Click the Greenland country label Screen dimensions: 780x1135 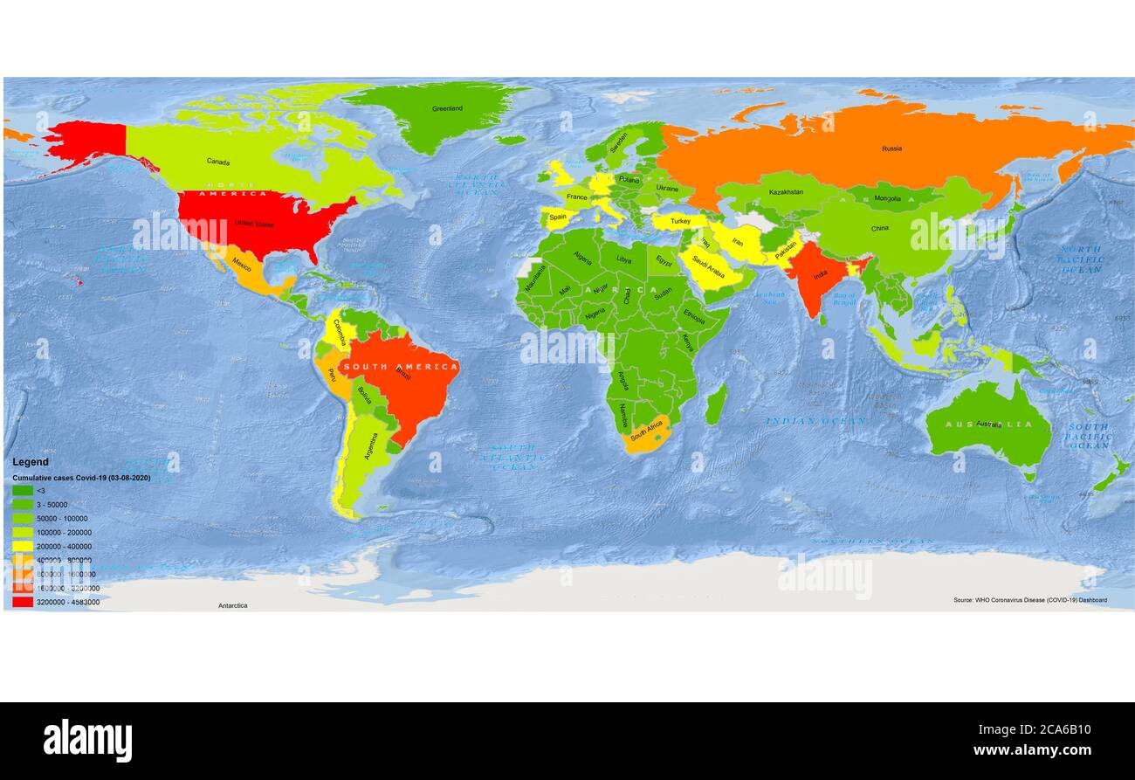click(x=447, y=109)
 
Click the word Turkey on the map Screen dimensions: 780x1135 click(x=680, y=222)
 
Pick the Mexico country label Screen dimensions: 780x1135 click(x=242, y=266)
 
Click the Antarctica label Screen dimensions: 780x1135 click(x=232, y=605)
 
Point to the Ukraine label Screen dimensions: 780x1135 click(x=667, y=188)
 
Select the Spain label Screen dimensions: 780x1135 click(x=558, y=217)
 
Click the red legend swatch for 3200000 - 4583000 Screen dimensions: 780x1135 click(x=23, y=602)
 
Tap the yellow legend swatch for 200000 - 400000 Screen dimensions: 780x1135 click(x=23, y=546)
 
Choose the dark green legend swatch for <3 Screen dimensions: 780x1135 click(x=23, y=491)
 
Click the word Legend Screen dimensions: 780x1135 click(x=31, y=462)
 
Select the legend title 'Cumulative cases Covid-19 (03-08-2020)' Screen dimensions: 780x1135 click(x=81, y=478)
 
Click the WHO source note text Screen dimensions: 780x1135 click(x=1029, y=600)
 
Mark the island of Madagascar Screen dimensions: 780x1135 click(x=716, y=405)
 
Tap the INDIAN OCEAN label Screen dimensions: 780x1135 click(x=815, y=421)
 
